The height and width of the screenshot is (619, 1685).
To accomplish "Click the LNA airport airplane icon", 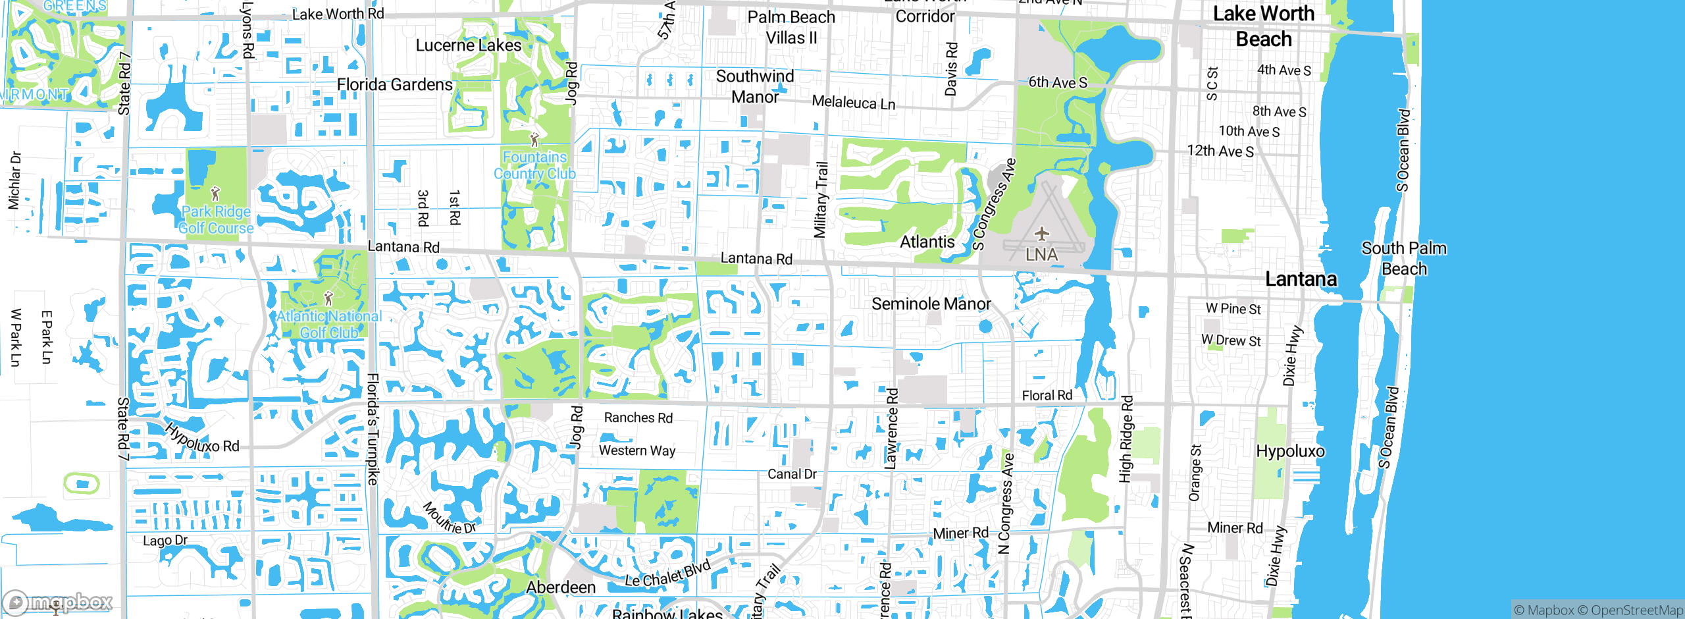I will click(x=1041, y=234).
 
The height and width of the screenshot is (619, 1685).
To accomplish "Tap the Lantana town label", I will click(x=1301, y=279).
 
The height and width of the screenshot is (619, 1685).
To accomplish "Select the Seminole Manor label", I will click(x=931, y=304).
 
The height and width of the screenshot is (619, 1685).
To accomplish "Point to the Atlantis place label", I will click(x=927, y=242).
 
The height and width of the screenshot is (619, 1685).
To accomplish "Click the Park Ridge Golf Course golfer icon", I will click(x=215, y=194).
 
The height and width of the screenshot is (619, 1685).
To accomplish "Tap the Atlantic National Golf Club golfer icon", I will click(x=328, y=298).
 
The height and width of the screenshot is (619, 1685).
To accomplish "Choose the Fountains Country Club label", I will click(x=534, y=165).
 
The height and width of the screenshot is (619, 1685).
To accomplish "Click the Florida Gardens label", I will click(x=394, y=85).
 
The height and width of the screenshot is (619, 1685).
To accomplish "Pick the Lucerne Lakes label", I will click(x=468, y=45).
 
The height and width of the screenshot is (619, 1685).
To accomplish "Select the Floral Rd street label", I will click(x=1047, y=395).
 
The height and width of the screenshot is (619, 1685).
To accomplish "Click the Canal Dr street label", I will click(x=792, y=474).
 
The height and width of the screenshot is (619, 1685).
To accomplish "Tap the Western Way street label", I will click(x=636, y=450).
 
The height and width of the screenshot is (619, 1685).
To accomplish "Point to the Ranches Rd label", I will click(x=638, y=417).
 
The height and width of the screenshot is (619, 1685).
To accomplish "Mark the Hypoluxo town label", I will click(x=1290, y=451).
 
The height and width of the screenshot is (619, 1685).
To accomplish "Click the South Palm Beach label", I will click(x=1404, y=258).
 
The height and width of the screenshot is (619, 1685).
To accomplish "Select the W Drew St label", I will click(x=1231, y=340).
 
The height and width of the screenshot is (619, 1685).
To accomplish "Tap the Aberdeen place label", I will click(x=561, y=587).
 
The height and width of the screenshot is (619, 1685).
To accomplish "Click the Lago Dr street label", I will click(x=165, y=541).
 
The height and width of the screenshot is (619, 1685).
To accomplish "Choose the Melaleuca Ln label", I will click(x=853, y=103).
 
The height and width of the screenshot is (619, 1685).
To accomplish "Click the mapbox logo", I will click(x=58, y=602).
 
